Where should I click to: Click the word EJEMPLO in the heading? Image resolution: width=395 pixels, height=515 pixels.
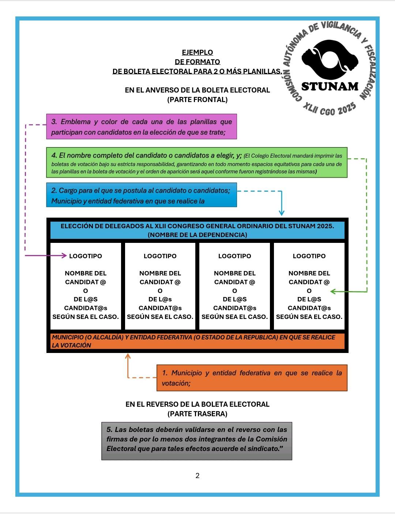coord(197,52)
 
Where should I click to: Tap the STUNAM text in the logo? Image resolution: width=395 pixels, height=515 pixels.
coord(330,87)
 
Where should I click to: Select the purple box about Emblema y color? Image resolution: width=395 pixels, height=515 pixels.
coord(141,127)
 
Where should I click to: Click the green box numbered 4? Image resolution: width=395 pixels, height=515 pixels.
coord(196,162)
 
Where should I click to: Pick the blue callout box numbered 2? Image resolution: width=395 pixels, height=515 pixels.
coord(141,195)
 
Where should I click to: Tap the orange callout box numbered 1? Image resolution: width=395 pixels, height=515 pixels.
coord(252,378)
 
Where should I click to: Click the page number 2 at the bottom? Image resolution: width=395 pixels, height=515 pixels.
coord(197,475)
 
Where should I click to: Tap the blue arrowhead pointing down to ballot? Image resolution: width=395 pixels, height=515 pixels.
coord(281,213)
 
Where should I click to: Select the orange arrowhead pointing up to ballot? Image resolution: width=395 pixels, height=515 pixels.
coord(128,356)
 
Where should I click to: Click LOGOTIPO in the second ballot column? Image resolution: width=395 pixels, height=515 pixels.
coord(160,256)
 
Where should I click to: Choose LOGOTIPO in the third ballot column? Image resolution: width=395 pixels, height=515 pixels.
coord(234,256)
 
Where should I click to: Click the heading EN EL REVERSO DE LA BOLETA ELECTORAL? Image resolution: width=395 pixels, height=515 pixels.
coord(197,404)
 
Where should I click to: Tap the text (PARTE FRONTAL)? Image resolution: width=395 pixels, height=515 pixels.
coord(197,99)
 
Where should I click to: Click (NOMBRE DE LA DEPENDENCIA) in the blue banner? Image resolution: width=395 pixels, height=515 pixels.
coord(197,235)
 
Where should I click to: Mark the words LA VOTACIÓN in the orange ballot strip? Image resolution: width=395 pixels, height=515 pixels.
coord(71,345)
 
